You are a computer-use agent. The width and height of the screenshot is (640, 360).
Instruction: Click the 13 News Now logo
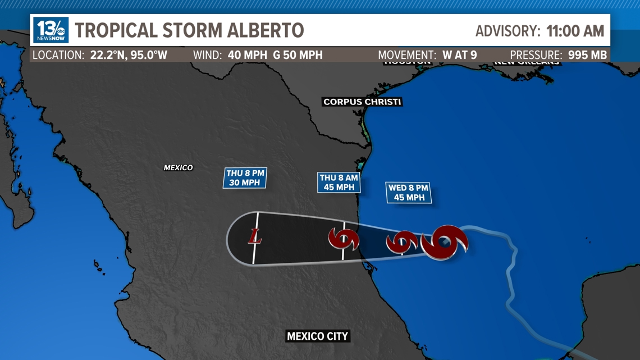tap(51, 30)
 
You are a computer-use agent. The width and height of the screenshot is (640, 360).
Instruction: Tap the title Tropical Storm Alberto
tap(189, 30)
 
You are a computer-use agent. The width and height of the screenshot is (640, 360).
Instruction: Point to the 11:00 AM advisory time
tap(575, 31)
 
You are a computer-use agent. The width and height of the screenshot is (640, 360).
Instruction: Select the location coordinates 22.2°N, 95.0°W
tap(129, 55)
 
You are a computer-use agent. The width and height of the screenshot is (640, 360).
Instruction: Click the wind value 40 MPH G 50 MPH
tap(275, 55)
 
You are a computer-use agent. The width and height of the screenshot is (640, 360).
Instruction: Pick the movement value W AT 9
tap(459, 55)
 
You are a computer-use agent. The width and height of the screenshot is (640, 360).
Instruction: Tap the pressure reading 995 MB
tap(587, 55)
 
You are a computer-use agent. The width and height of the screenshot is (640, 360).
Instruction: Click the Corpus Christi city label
tap(362, 102)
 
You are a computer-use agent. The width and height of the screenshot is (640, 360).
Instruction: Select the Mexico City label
tap(317, 336)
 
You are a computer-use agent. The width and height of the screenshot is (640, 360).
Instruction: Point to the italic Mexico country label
tap(178, 167)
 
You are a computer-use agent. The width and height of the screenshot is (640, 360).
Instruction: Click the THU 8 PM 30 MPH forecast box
tap(245, 178)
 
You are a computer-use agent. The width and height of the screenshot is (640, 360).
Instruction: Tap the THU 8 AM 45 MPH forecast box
tap(339, 182)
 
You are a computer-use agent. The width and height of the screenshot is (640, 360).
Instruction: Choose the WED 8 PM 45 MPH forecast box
tap(408, 193)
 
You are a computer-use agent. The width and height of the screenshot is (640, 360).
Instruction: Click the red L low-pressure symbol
tap(255, 236)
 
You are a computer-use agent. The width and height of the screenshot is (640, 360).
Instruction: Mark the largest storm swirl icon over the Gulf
tap(444, 242)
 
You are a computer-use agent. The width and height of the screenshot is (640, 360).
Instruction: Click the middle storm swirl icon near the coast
tap(402, 242)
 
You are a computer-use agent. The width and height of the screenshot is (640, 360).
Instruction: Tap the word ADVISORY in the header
tap(508, 31)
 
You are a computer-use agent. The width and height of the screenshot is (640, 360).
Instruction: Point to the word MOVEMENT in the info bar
tap(406, 55)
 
